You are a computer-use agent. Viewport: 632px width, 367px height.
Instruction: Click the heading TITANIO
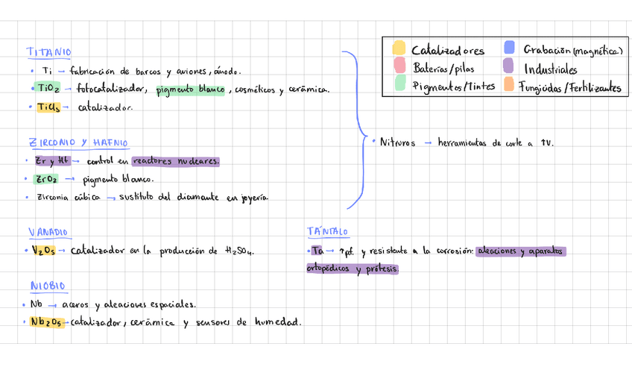point(49,52)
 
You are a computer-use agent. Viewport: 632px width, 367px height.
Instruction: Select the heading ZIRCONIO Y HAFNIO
point(78,142)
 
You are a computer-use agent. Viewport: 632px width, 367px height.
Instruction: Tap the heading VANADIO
point(48,233)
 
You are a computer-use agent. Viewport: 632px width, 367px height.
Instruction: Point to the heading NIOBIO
point(48,286)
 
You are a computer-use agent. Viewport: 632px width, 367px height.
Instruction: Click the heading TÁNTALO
point(327,233)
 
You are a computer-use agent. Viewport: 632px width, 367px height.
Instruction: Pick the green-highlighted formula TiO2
point(49,89)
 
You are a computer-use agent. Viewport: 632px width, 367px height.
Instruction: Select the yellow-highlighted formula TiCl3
point(48,107)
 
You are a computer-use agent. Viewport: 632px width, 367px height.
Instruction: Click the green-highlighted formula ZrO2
point(46,179)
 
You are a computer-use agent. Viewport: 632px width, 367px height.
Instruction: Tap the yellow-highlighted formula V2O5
point(42,251)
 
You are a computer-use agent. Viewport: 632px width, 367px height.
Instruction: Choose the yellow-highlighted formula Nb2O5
point(46,322)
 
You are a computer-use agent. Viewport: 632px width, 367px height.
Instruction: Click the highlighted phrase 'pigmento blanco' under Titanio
point(190,90)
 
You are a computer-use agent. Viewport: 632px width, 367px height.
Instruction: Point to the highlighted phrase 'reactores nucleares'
point(176,161)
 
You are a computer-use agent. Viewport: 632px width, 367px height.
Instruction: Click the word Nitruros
point(397,142)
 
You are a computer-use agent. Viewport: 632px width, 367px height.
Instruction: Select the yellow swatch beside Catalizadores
point(399,49)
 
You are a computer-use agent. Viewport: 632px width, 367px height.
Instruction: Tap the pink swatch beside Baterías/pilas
point(399,67)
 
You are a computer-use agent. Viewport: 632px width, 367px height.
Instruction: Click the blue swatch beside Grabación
point(509,48)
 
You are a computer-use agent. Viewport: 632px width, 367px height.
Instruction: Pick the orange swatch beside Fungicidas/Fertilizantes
point(509,85)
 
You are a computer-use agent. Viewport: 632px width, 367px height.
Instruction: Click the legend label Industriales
point(550,69)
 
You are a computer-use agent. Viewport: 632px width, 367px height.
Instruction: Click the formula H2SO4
point(238,252)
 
